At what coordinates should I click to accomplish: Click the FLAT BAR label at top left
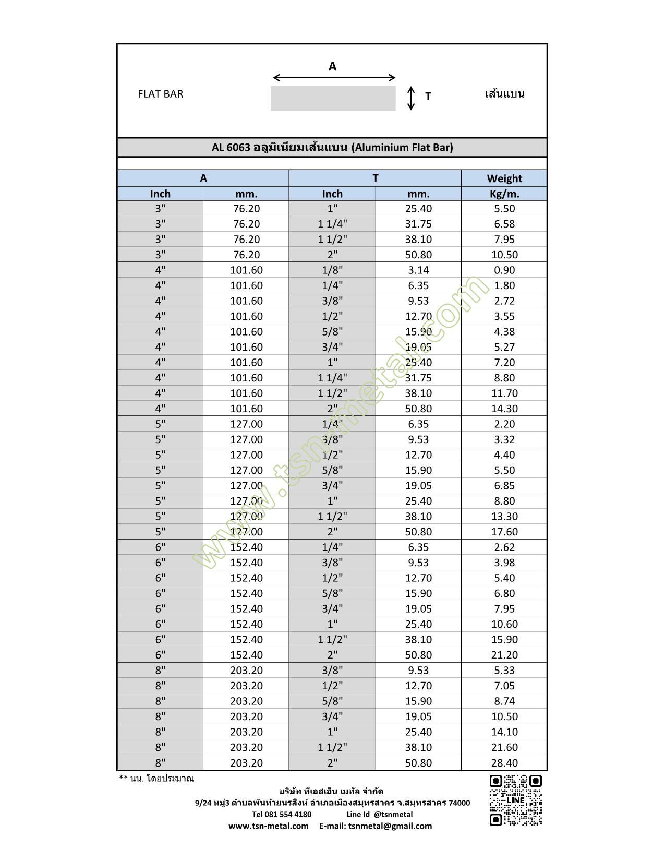click(x=160, y=94)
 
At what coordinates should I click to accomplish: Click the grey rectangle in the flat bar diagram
click(x=333, y=98)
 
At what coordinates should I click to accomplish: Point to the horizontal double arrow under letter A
click(x=334, y=78)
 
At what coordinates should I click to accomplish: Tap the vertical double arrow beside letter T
click(x=411, y=98)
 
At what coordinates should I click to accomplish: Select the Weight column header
click(x=504, y=178)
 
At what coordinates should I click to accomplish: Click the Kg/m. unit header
click(x=504, y=194)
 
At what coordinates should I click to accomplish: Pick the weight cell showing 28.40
click(x=504, y=763)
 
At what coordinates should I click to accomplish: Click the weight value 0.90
click(x=504, y=270)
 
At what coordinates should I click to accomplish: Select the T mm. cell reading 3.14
click(x=418, y=270)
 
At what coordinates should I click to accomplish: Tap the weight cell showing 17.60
click(x=504, y=532)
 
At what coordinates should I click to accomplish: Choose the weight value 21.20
click(x=504, y=655)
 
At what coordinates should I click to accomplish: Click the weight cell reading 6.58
click(x=504, y=224)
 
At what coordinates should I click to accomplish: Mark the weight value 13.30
click(x=504, y=517)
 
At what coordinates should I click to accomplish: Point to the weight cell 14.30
click(x=504, y=409)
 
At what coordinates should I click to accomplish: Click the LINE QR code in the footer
click(x=515, y=800)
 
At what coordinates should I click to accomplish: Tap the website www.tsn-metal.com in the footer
click(x=269, y=826)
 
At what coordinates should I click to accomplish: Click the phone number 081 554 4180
click(x=282, y=815)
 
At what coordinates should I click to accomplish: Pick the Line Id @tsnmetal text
click(x=380, y=815)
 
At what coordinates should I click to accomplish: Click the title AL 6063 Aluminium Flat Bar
click(x=332, y=148)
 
